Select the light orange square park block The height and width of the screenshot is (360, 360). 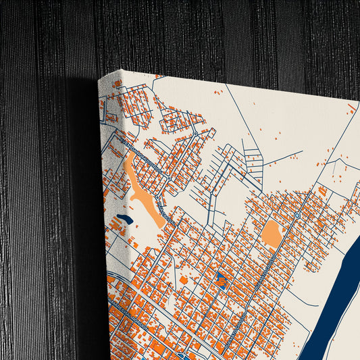click(272, 234)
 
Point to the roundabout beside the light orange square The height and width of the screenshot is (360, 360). click(297, 215)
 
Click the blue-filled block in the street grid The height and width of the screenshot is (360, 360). click(222, 278)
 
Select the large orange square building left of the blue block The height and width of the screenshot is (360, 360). click(183, 279)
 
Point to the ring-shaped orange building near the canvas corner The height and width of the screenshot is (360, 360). click(117, 84)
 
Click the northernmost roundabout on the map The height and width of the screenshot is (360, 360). click(195, 133)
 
